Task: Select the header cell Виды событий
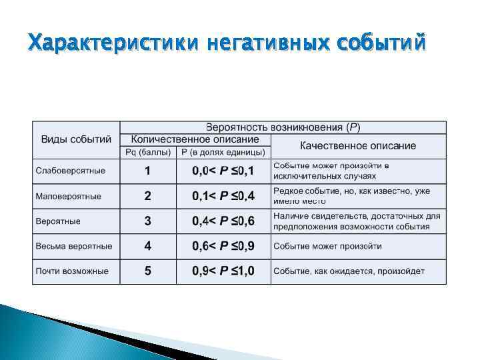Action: click(x=76, y=140)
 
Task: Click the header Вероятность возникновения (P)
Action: click(x=283, y=127)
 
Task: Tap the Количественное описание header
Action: click(x=195, y=140)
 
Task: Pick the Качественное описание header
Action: click(x=358, y=145)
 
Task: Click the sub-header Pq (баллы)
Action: click(x=148, y=152)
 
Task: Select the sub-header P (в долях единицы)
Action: click(x=223, y=152)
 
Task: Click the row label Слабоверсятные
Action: click(x=71, y=171)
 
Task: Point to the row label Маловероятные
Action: click(x=69, y=196)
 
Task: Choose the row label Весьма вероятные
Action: click(x=74, y=246)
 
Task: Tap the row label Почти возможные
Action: click(x=72, y=271)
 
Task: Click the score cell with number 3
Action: click(x=148, y=221)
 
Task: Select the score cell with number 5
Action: click(x=148, y=271)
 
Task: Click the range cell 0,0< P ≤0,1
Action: click(x=223, y=171)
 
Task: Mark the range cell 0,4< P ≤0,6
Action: click(x=223, y=221)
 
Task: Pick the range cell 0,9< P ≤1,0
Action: click(x=223, y=271)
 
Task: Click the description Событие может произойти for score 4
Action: click(x=327, y=246)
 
